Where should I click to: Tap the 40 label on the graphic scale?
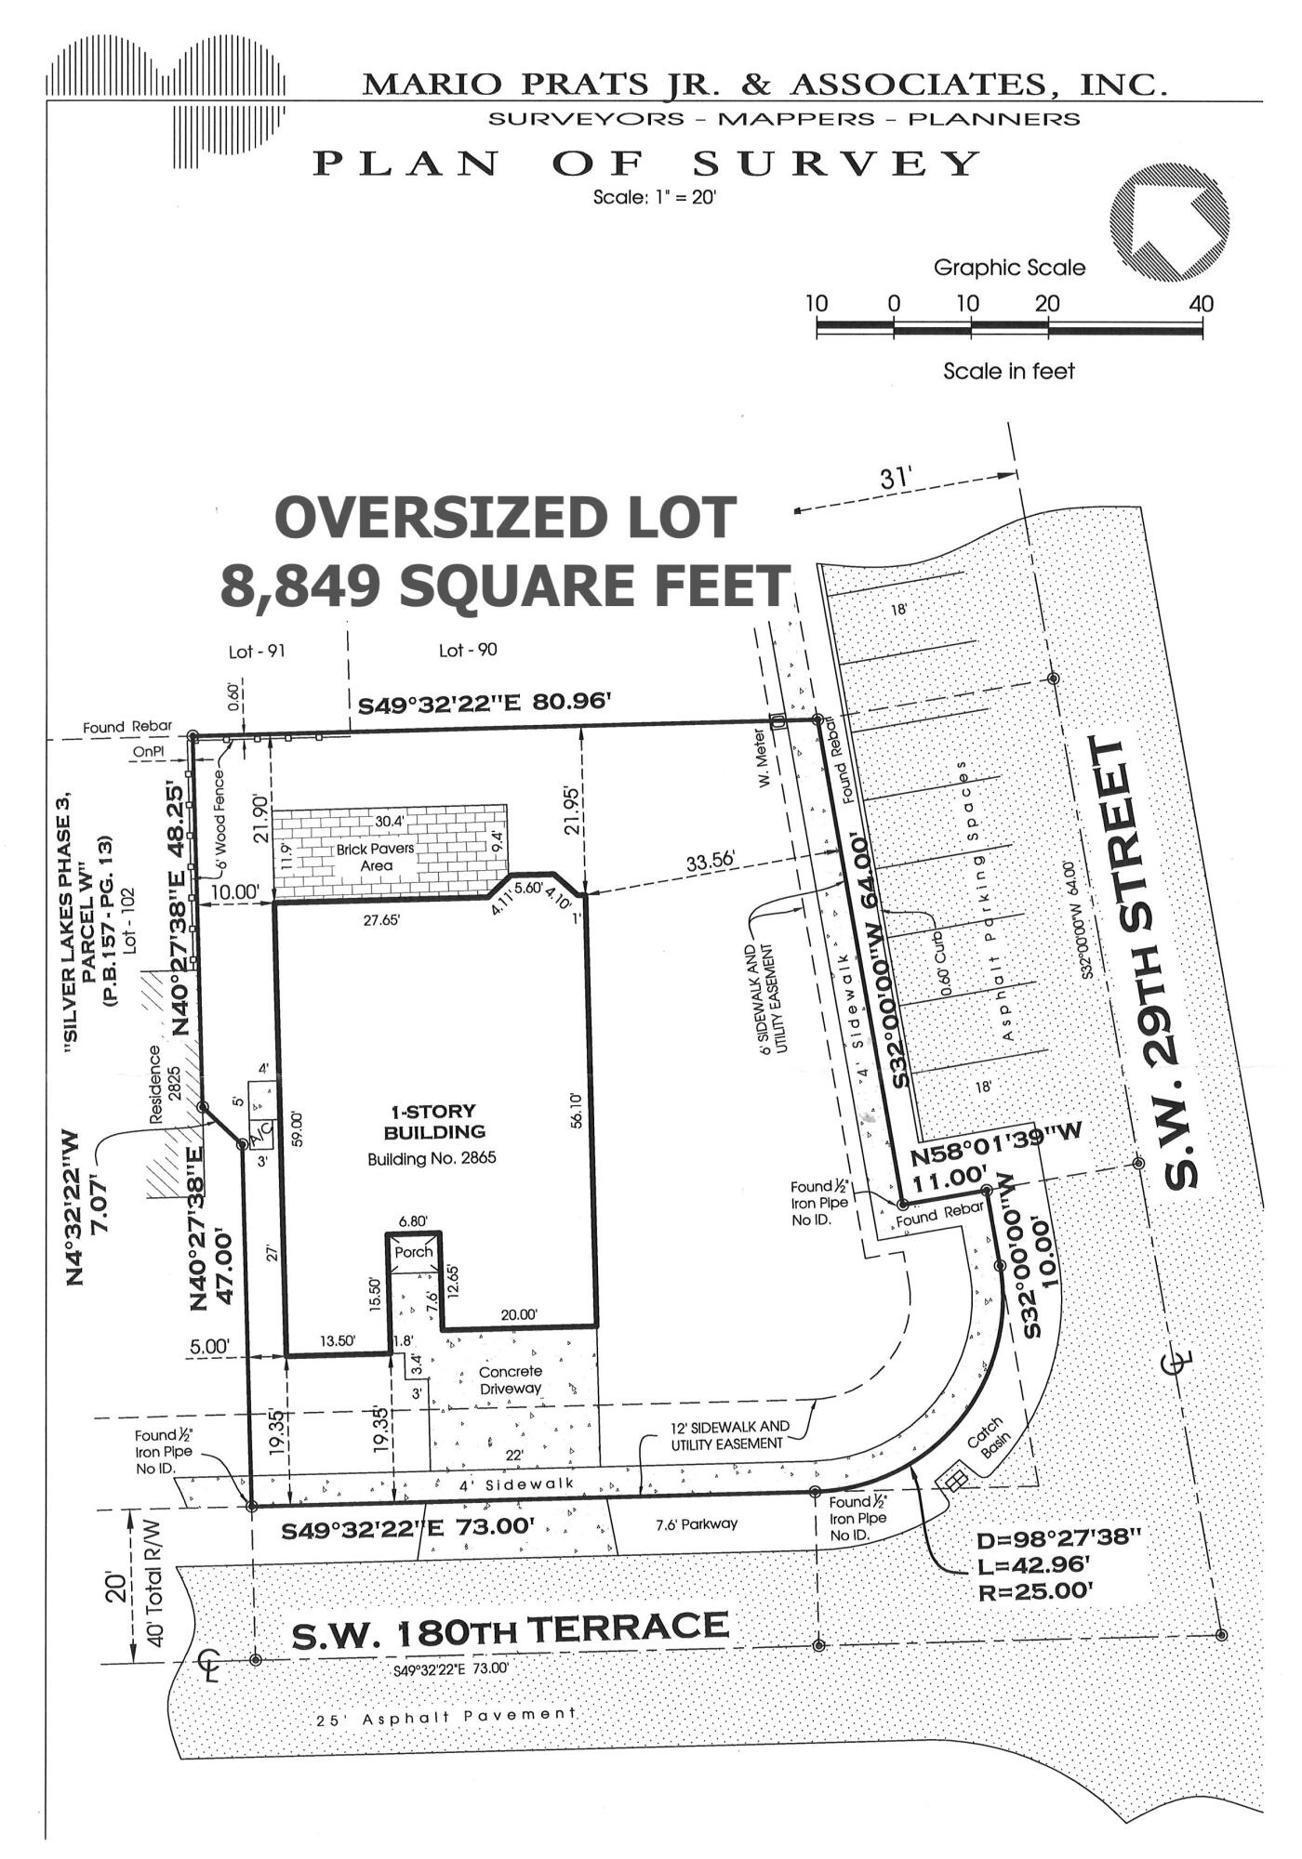[1201, 304]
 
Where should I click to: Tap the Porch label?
[414, 1252]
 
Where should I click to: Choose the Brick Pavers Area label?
[377, 857]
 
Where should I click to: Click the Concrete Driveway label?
[510, 1379]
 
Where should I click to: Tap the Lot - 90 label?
[467, 651]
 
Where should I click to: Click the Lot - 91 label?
[257, 652]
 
